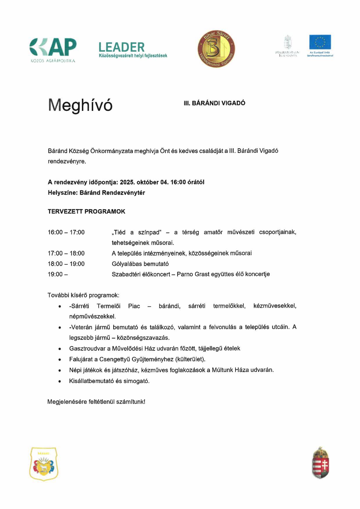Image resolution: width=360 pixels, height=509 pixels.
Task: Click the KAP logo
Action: point(53,48)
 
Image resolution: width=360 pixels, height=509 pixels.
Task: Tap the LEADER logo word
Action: point(121,47)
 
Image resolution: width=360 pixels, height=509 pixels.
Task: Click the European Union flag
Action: point(320,42)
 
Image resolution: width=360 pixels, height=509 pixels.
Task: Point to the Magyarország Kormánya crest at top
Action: point(287,42)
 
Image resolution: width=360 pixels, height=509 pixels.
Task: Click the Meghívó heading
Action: point(80,105)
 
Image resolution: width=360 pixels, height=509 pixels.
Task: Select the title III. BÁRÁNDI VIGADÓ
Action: point(214,103)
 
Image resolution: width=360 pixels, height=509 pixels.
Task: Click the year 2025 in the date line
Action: point(127,182)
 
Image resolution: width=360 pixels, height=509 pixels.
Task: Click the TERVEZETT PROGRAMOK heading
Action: point(87,212)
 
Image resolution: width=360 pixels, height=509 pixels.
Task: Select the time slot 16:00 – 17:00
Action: point(66,232)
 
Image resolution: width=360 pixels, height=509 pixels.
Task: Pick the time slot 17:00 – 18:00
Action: point(66,253)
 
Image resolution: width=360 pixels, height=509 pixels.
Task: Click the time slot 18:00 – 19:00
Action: point(66,264)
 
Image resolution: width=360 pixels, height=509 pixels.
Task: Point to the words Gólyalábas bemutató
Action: point(140,264)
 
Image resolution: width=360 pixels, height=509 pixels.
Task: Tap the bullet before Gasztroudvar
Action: point(60,349)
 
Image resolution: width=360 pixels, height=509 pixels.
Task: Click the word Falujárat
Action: point(80,359)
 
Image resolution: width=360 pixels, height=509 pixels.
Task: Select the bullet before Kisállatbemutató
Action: point(60,381)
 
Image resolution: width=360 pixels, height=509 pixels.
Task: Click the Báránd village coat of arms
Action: point(44,464)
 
